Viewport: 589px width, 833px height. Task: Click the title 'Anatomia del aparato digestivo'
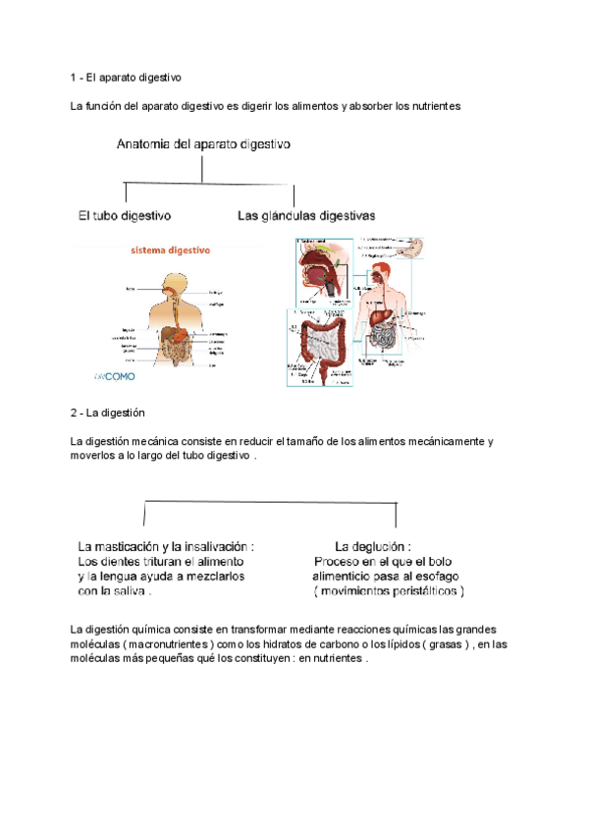click(x=203, y=143)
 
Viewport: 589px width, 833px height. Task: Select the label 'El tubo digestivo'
click(x=125, y=214)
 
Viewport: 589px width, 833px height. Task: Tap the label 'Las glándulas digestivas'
click(x=306, y=214)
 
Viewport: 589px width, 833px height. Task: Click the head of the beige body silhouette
click(x=174, y=284)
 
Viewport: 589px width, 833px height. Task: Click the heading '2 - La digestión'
click(x=107, y=413)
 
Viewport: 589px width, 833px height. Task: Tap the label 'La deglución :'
click(x=373, y=546)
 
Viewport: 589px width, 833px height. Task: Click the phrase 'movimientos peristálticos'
click(x=390, y=592)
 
